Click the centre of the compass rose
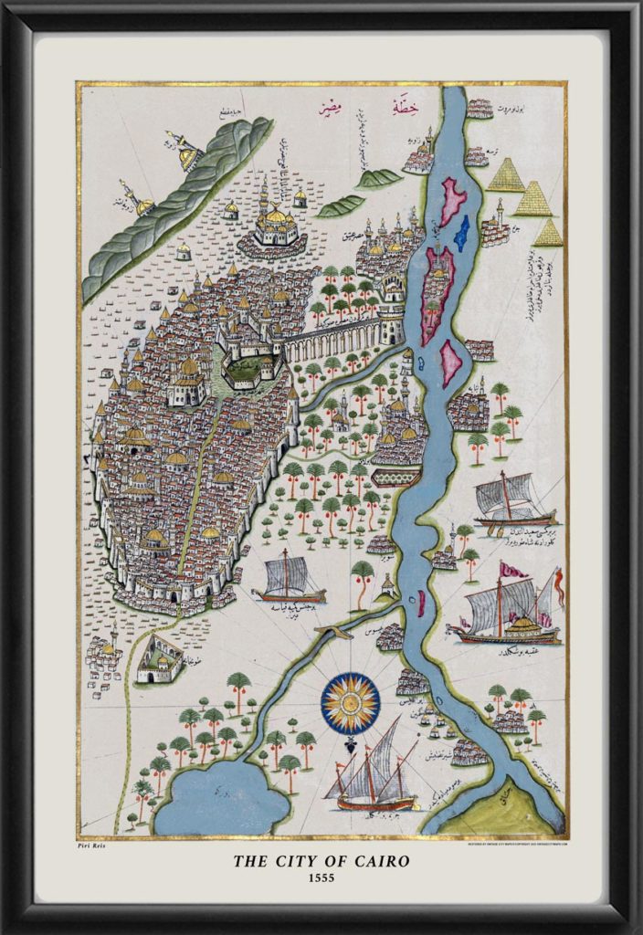click(350, 702)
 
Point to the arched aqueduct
click(338, 338)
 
